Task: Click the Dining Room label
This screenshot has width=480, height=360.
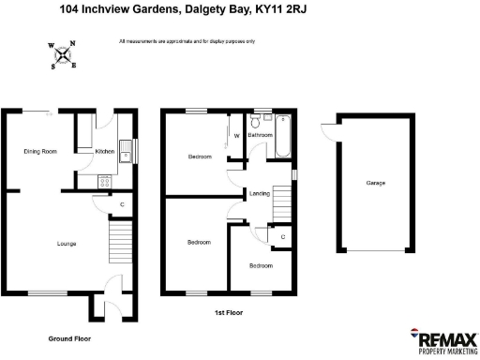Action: (40, 151)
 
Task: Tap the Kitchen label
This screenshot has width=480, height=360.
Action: (104, 151)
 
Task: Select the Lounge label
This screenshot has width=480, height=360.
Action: (66, 244)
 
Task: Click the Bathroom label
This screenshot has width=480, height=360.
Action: (260, 136)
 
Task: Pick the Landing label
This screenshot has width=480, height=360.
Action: (260, 194)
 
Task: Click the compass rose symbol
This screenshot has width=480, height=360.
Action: (63, 54)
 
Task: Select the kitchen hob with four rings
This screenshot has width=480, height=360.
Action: (105, 182)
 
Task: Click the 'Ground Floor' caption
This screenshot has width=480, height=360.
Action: (70, 337)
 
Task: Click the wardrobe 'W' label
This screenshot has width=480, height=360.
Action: (236, 136)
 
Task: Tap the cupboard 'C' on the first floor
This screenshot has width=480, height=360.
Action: (283, 237)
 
